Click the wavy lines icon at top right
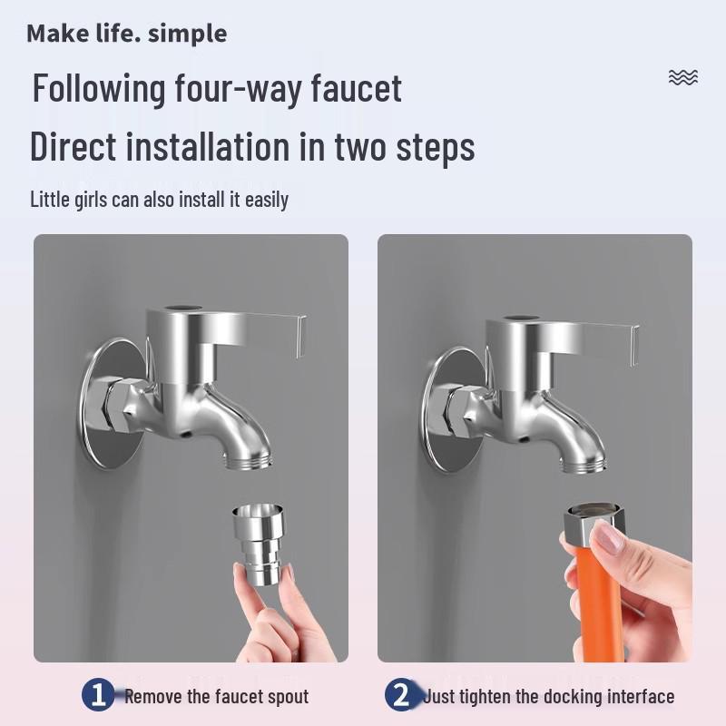(682, 77)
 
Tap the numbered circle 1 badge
(98, 696)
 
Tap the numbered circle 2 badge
(400, 696)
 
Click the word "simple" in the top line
(187, 34)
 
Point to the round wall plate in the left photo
(109, 404)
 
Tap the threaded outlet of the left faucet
(248, 461)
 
